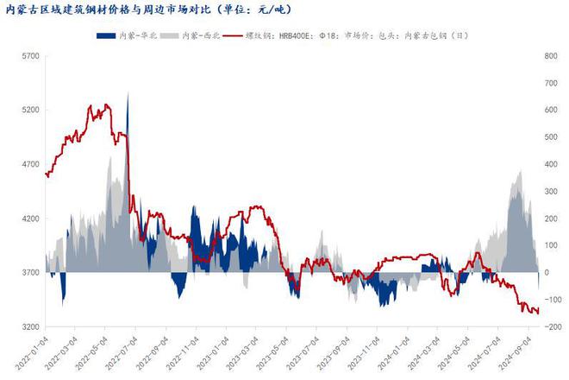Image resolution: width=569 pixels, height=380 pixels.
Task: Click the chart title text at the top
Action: point(150,10)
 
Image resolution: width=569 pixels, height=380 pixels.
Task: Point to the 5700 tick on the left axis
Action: point(30,56)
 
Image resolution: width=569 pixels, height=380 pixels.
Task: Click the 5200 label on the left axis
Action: point(30,111)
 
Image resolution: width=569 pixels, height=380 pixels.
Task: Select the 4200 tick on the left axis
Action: point(30,218)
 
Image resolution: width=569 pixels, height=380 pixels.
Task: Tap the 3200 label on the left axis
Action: point(30,326)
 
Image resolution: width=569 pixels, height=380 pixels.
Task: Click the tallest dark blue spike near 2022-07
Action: point(128,95)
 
